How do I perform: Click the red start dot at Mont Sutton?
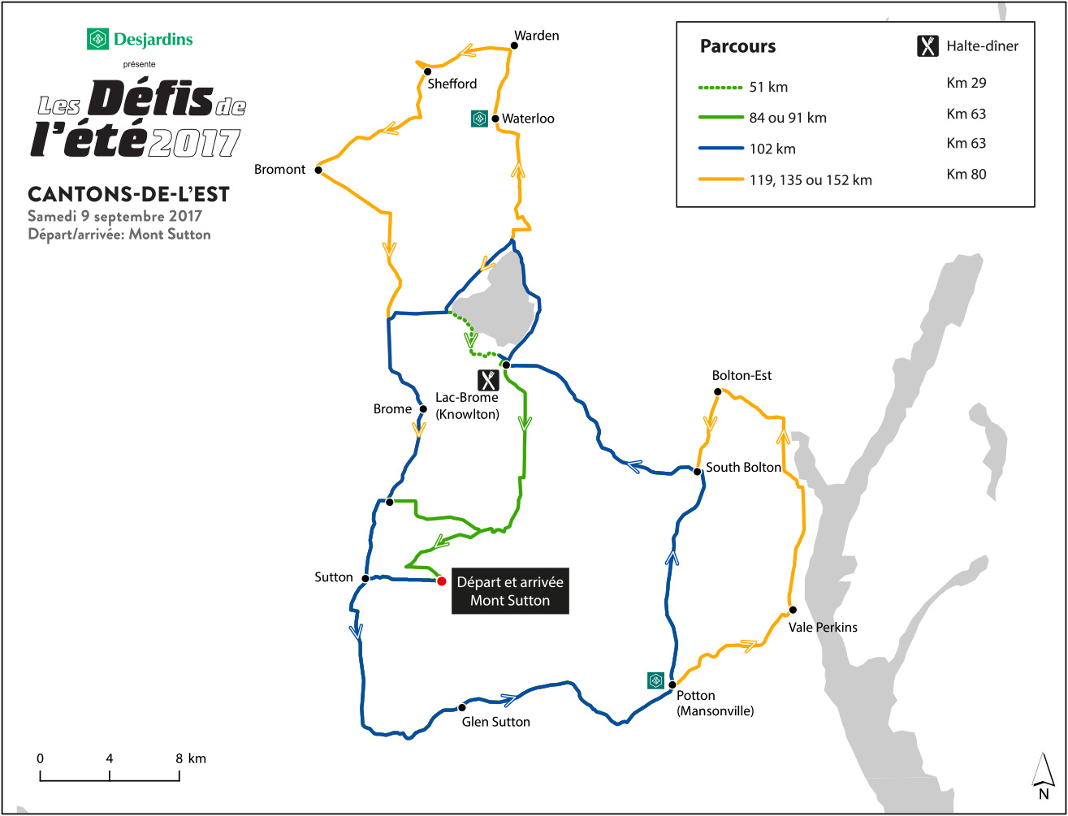click(441, 581)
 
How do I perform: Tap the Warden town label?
click(537, 36)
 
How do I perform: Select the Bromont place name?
click(279, 170)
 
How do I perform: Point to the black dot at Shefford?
click(427, 71)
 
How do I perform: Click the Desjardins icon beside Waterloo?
click(479, 119)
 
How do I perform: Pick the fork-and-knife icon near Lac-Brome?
click(487, 380)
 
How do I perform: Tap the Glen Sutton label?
click(495, 722)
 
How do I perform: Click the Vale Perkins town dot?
click(793, 611)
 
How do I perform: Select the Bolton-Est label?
click(742, 376)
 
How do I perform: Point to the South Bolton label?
click(743, 468)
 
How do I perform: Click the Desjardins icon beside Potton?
click(655, 680)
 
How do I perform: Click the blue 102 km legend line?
click(720, 149)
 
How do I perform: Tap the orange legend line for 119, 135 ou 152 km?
click(720, 179)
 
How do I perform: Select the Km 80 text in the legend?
click(966, 174)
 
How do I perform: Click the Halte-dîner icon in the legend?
click(927, 46)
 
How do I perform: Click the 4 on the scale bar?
click(109, 758)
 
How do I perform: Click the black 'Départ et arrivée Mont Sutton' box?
click(509, 591)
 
